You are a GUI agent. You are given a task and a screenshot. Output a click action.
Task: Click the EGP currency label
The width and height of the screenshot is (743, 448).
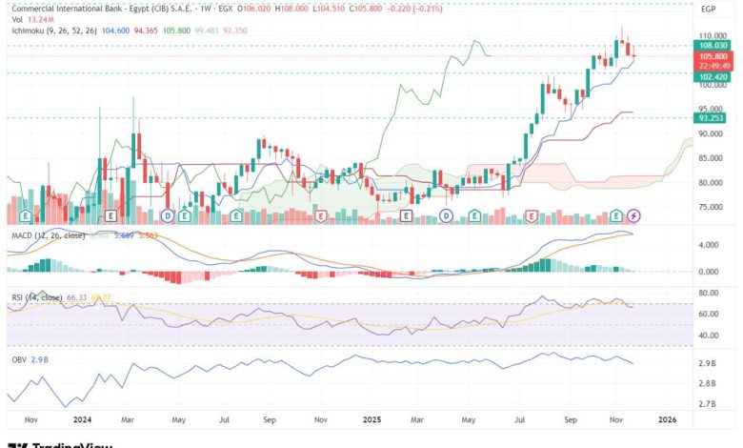[x=708, y=9]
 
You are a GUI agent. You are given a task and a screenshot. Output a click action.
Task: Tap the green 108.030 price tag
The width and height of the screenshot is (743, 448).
[x=713, y=45]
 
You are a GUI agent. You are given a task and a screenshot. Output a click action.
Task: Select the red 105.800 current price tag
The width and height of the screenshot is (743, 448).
[x=713, y=55]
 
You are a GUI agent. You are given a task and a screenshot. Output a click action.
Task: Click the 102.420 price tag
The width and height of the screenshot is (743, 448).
[x=713, y=74]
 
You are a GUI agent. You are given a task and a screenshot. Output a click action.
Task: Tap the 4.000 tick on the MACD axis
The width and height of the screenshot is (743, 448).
[x=708, y=245]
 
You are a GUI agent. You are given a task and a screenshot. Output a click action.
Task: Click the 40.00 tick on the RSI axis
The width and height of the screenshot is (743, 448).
[x=708, y=336]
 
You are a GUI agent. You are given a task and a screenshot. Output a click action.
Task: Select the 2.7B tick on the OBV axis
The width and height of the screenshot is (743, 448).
[x=707, y=404]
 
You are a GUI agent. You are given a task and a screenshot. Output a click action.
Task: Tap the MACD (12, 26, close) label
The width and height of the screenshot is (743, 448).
[x=46, y=234]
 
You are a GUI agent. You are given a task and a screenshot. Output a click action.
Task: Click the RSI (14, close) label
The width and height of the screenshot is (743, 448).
[x=34, y=297]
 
